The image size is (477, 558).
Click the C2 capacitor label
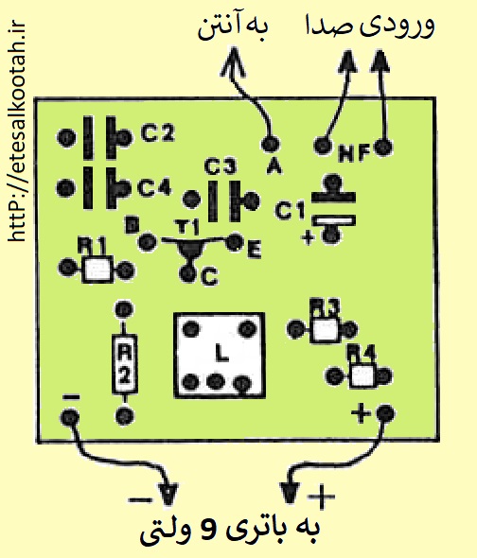pyautogui.click(x=158, y=133)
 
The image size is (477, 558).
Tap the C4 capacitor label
pyautogui.click(x=154, y=187)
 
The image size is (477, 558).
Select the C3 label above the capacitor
pyautogui.click(x=221, y=166)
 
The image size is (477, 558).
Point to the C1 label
pyautogui.click(x=290, y=210)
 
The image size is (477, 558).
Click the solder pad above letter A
pyautogui.click(x=270, y=144)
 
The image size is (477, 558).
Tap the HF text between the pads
pyautogui.click(x=353, y=153)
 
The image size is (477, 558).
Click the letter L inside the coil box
pyautogui.click(x=221, y=354)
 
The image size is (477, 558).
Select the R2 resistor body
pyautogui.click(x=124, y=364)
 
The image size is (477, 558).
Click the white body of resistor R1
pyautogui.click(x=97, y=270)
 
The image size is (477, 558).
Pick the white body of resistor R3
pyautogui.click(x=325, y=330)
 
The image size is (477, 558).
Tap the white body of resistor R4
pyautogui.click(x=362, y=375)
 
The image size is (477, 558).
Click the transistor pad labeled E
pyautogui.click(x=235, y=242)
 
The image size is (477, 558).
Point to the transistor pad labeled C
pyautogui.click(x=187, y=273)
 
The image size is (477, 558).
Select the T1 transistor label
pyautogui.click(x=187, y=227)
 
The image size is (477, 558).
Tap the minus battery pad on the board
pyautogui.click(x=69, y=417)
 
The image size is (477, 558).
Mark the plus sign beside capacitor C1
pyautogui.click(x=309, y=237)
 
